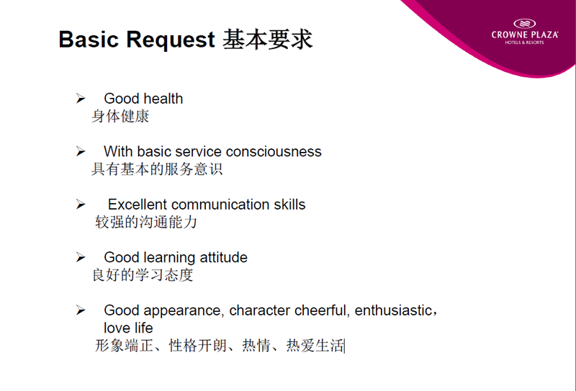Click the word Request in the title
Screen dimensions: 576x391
click(x=170, y=40)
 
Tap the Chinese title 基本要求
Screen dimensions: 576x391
click(x=268, y=39)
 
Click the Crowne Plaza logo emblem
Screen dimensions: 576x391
click(x=525, y=24)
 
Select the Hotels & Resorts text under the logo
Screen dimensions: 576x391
click(x=524, y=42)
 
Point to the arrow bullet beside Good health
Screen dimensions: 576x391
click(x=81, y=98)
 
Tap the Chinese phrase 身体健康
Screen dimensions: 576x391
click(x=120, y=116)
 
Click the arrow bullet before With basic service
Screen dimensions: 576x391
click(x=81, y=151)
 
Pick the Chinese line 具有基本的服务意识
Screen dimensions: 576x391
click(x=157, y=169)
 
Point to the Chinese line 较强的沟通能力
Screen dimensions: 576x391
click(x=146, y=222)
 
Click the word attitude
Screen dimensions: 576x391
click(x=223, y=257)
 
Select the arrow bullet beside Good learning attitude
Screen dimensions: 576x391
click(x=81, y=257)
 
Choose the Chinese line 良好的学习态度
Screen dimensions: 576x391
click(x=143, y=275)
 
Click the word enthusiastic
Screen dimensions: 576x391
click(x=393, y=310)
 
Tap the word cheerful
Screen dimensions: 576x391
click(x=320, y=310)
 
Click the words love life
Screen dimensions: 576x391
click(x=128, y=328)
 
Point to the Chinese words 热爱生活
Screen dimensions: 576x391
click(x=315, y=346)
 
